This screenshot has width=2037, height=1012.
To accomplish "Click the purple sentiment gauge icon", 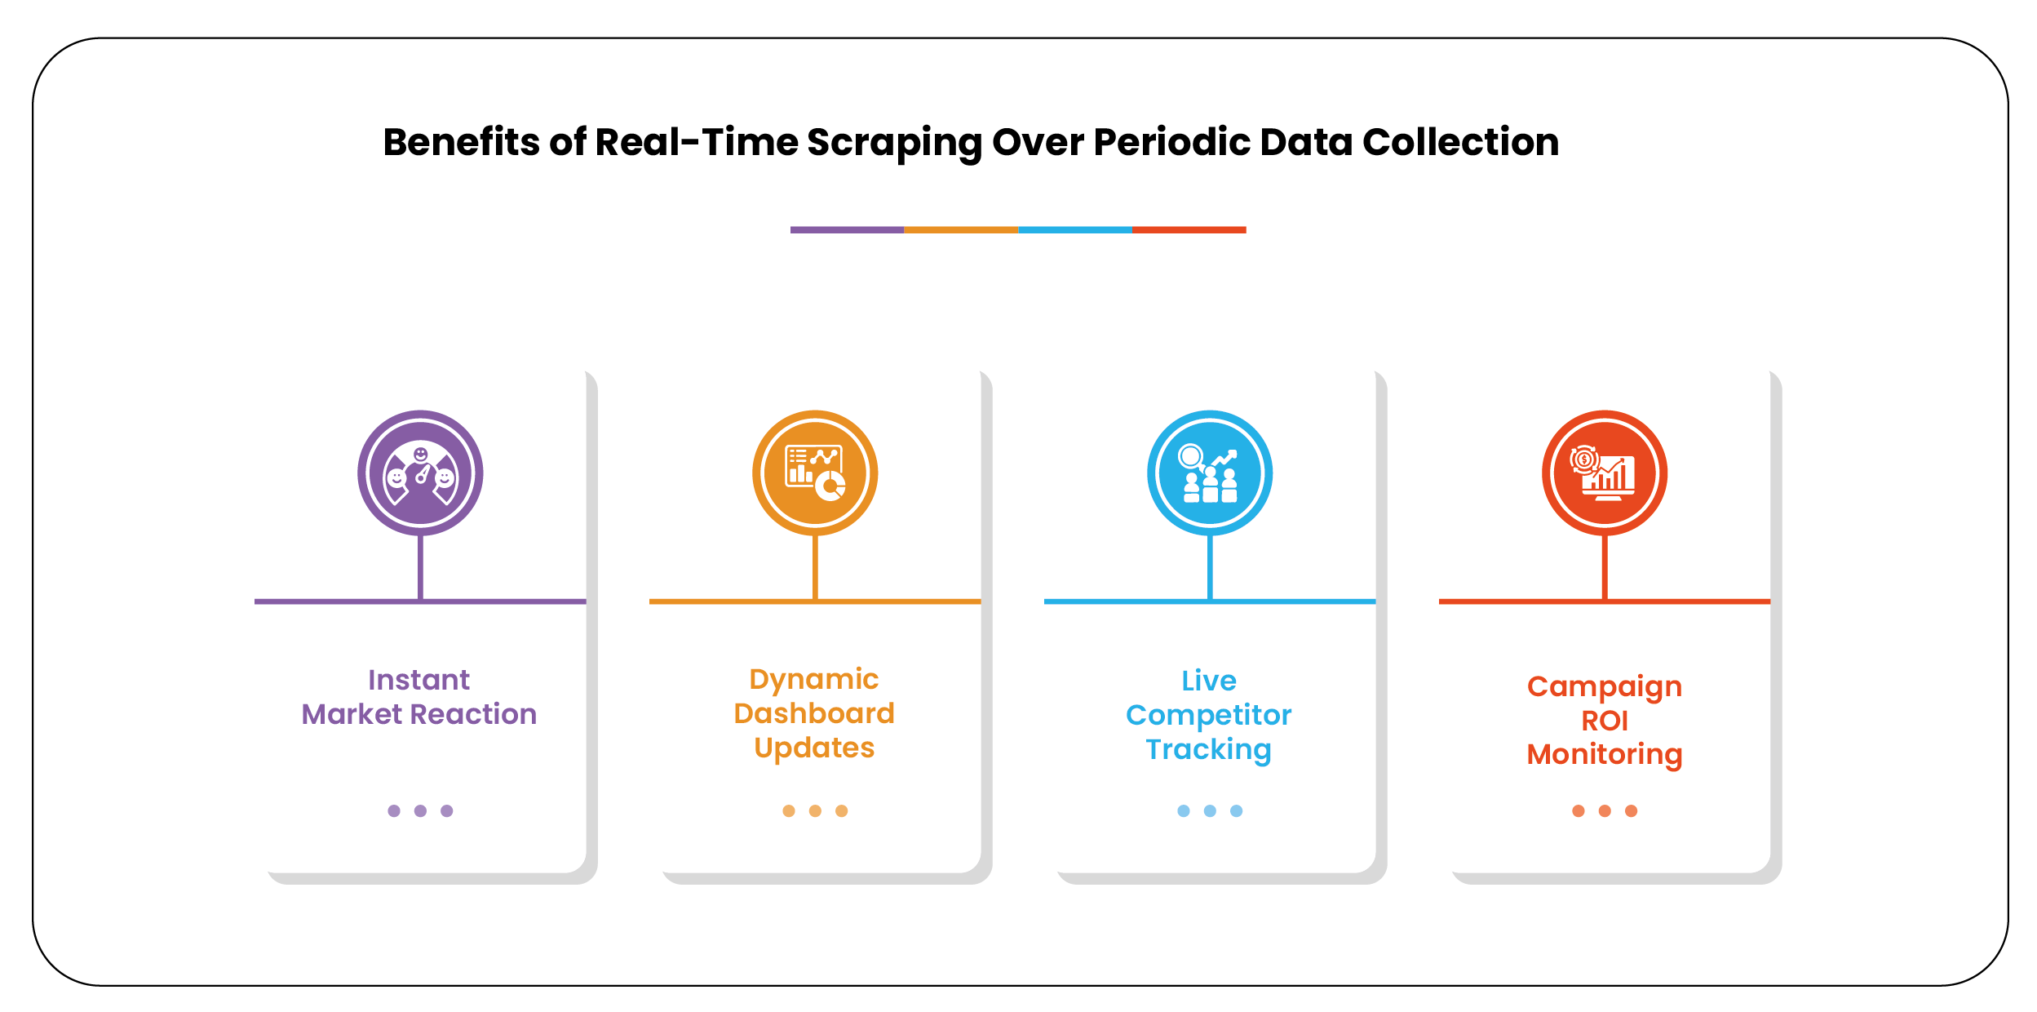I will tap(420, 473).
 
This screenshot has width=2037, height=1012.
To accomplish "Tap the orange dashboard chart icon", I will tap(815, 473).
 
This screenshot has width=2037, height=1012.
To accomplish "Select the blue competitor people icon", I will tap(1210, 473).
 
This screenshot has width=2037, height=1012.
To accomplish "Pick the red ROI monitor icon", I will tap(1605, 473).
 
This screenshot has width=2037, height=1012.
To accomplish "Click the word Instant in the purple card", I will tap(418, 680).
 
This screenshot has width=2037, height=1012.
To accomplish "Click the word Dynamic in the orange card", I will tap(814, 679).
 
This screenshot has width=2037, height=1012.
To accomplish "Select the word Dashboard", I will tap(814, 713).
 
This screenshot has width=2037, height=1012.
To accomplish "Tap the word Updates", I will tap(814, 748).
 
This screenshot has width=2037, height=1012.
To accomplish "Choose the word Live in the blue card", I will tap(1209, 681).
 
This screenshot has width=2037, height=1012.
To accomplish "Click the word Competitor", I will tap(1209, 715).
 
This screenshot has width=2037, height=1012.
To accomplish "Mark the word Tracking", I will tap(1209, 749).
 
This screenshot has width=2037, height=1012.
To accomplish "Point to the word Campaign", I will tap(1605, 686).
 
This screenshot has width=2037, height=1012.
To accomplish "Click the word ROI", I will tap(1605, 721).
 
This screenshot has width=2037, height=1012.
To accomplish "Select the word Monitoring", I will tap(1605, 754).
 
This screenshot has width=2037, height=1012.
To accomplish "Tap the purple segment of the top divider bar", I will tap(847, 230).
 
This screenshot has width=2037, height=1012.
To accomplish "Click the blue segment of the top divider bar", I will tap(1074, 230).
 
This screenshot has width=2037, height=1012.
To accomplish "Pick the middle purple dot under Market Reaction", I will tap(420, 810).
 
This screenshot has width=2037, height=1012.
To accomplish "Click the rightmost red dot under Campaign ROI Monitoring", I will tap(1631, 810).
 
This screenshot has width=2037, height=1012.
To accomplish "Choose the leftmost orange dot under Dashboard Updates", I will tap(789, 810).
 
